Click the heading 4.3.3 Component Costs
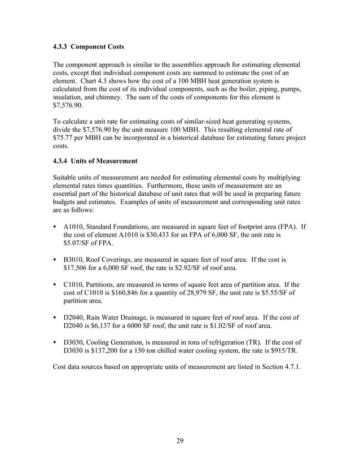click(x=88, y=45)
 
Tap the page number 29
click(x=180, y=441)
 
